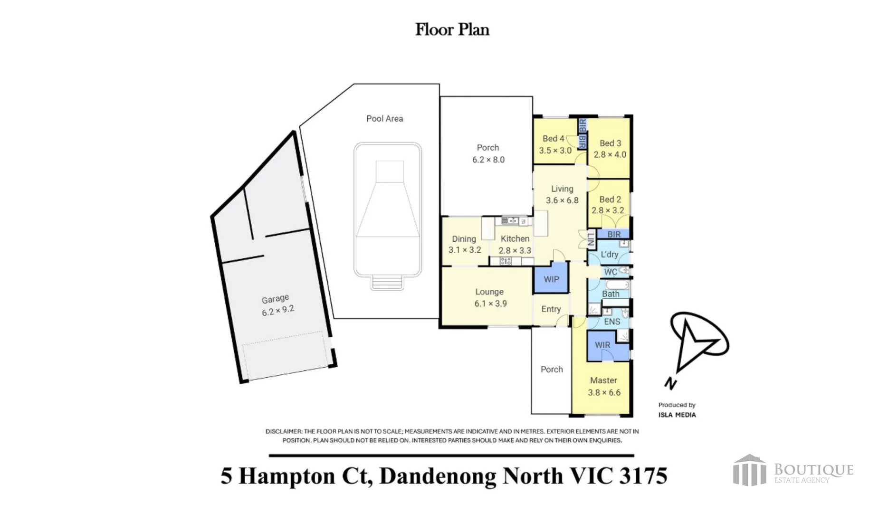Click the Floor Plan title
coord(452,29)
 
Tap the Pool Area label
coord(384,119)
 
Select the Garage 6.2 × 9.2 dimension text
coord(278,311)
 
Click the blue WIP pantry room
coord(551,279)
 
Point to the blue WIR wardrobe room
coord(602,345)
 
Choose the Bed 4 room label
coord(554,139)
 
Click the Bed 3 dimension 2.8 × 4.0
coord(610,154)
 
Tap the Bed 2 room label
coord(610,199)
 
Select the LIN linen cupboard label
coord(591,239)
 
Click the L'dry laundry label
coord(610,255)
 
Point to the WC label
coord(611,272)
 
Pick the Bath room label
coord(611,294)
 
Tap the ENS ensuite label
coord(612,322)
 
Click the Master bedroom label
coord(603,380)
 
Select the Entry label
coord(551,309)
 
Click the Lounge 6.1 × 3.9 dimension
coord(490,304)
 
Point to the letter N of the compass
coord(670,383)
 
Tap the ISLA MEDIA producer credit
coord(677,415)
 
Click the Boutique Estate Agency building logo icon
coord(749,470)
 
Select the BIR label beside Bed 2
coord(614,234)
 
